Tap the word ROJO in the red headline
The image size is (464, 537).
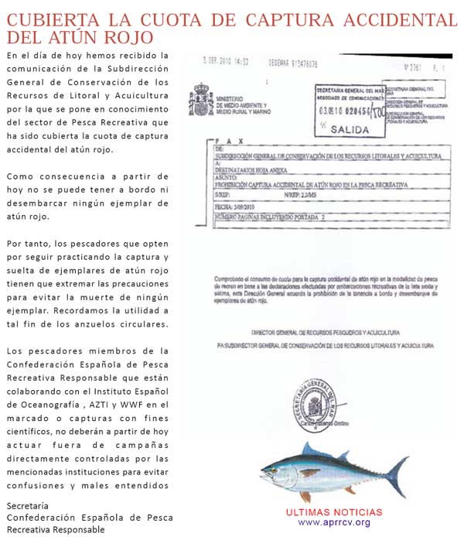click(125, 36)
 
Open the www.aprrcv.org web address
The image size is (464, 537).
click(334, 522)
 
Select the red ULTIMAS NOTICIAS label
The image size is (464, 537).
click(334, 512)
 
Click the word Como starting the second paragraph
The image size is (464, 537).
click(20, 176)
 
